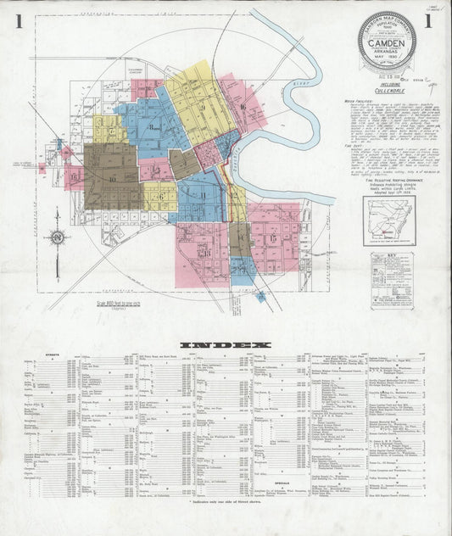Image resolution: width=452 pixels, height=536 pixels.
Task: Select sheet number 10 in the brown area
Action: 112,179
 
